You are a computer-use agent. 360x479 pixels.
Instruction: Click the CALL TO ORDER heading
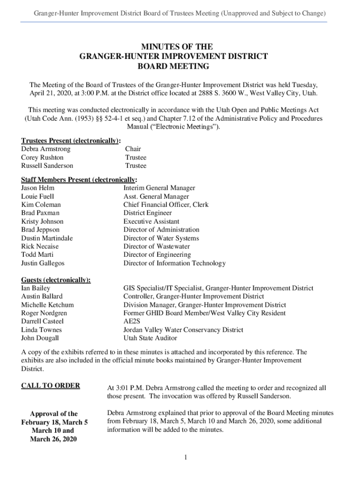tap(50, 385)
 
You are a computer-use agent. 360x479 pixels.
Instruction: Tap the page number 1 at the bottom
tap(185, 457)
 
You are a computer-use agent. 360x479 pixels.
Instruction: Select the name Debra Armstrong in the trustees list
tap(46, 149)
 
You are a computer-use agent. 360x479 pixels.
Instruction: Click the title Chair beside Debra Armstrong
tap(133, 149)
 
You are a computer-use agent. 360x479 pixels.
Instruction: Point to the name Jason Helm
tap(38, 188)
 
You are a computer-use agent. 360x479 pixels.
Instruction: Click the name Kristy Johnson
tap(43, 221)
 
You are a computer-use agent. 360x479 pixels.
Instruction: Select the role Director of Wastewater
tap(157, 247)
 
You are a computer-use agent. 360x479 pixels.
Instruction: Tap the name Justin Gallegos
tap(43, 263)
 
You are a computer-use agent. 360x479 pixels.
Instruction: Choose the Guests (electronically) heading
tap(56, 280)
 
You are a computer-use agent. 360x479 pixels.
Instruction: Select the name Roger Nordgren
tap(44, 313)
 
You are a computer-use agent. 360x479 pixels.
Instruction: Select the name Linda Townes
tap(41, 330)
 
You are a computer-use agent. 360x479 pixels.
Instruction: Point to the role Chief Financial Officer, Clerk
tap(166, 204)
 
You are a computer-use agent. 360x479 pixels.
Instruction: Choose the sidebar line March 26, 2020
tap(54, 439)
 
